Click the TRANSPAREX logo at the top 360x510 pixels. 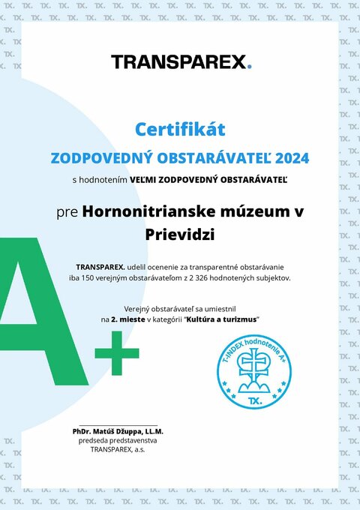click(180, 61)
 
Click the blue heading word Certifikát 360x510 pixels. click(180, 130)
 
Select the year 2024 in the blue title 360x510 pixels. click(292, 158)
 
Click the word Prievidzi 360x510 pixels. click(180, 235)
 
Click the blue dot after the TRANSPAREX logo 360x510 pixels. click(249, 67)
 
